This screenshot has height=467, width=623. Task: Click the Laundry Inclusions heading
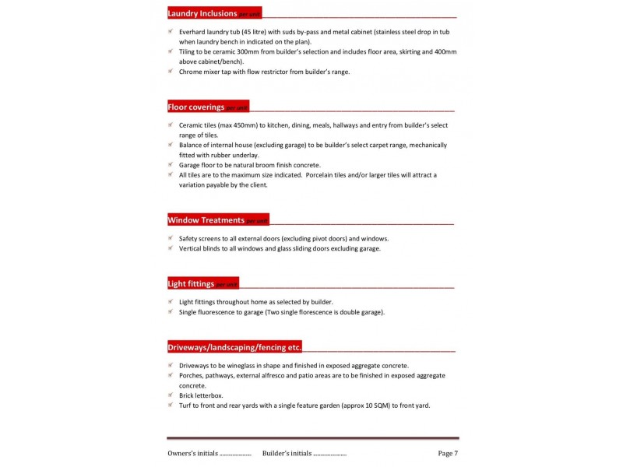click(x=202, y=13)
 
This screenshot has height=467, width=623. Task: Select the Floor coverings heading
click(x=196, y=107)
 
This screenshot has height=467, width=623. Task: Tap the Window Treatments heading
click(x=206, y=220)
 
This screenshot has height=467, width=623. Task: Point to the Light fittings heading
click(x=191, y=283)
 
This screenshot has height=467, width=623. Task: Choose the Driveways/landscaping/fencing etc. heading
click(x=234, y=346)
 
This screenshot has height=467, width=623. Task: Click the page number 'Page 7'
click(x=448, y=453)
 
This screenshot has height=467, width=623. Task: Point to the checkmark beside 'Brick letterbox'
click(x=171, y=395)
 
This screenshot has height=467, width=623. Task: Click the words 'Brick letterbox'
click(x=201, y=395)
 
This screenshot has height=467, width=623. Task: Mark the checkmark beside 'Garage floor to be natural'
click(x=171, y=165)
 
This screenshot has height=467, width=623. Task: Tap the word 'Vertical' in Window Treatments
click(x=192, y=248)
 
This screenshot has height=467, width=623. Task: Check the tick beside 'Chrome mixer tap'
click(x=171, y=72)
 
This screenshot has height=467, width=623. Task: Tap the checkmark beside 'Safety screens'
click(x=171, y=238)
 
